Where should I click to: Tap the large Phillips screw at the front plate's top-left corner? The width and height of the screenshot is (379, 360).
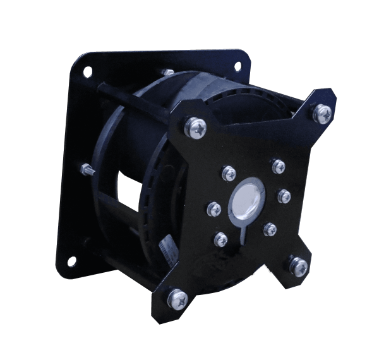tap(196, 127)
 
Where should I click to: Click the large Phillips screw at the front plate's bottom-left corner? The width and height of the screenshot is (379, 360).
tap(177, 296)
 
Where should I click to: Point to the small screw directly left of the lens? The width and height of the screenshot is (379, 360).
tap(214, 209)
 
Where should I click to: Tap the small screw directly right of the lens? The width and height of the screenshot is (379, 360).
tap(283, 195)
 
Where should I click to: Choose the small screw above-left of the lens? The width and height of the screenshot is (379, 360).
tap(229, 172)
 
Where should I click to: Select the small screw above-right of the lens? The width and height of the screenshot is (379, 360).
tap(279, 166)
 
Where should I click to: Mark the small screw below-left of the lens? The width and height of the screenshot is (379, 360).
tap(220, 239)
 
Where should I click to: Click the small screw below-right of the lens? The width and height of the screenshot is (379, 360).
tap(270, 229)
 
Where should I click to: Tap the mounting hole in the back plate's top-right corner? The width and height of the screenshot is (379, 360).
tap(238, 66)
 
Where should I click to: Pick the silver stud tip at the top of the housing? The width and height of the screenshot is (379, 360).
tap(168, 73)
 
